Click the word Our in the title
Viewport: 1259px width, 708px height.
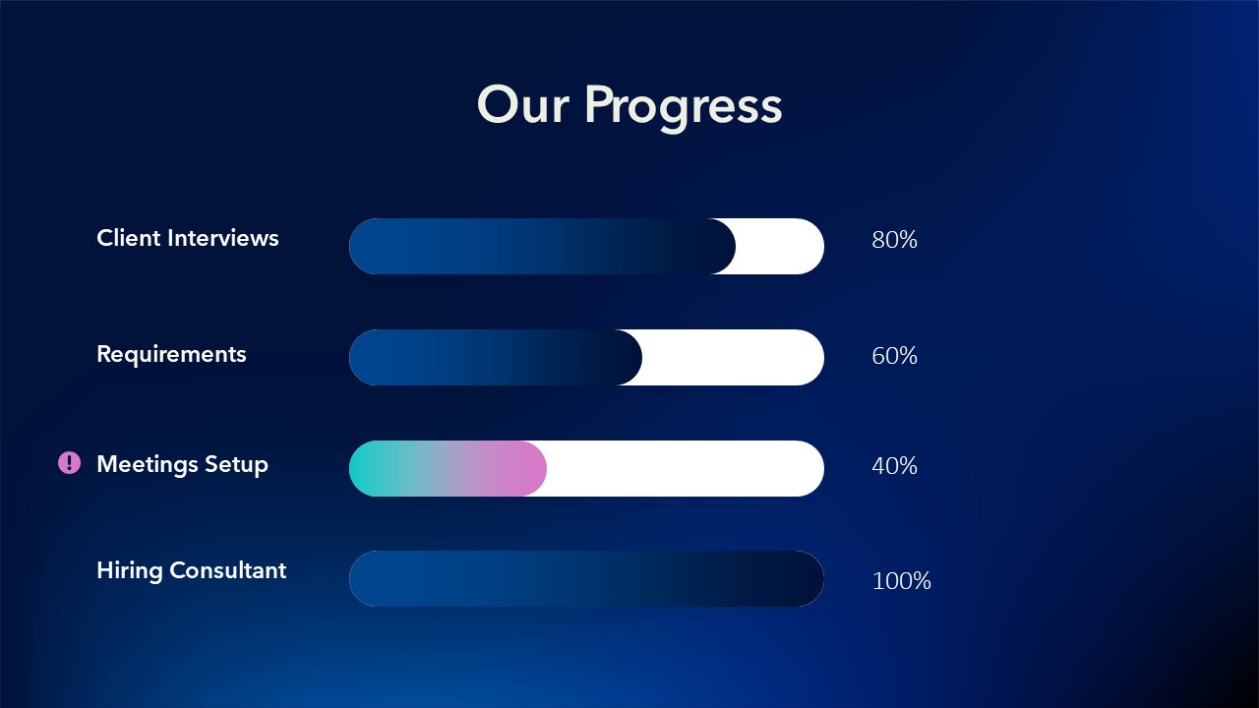click(522, 104)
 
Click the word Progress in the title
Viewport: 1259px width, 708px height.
click(684, 109)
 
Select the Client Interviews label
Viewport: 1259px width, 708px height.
click(188, 238)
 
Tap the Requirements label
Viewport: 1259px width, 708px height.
click(171, 355)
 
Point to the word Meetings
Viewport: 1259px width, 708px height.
click(148, 465)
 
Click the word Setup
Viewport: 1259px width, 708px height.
click(237, 465)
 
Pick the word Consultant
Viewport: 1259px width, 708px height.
click(227, 570)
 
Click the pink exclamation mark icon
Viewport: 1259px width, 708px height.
click(70, 463)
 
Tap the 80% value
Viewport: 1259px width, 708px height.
click(894, 240)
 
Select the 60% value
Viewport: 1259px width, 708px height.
click(894, 356)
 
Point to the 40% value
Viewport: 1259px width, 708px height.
click(894, 466)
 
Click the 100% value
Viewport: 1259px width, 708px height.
click(902, 581)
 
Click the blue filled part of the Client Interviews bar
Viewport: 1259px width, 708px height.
click(542, 246)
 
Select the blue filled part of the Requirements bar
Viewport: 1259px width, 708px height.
click(495, 357)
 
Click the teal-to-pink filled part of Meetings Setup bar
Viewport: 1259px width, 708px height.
click(448, 469)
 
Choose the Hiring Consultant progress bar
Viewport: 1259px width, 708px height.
click(587, 579)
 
